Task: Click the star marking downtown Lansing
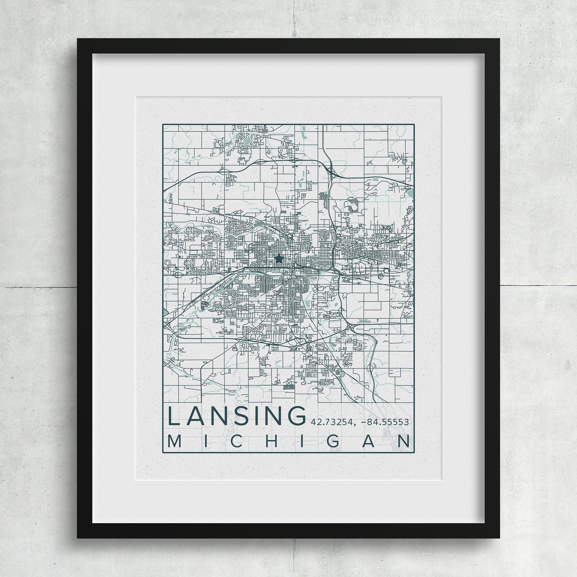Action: pos(278,259)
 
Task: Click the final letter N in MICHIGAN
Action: pos(403,442)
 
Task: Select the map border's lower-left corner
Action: pos(163,453)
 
